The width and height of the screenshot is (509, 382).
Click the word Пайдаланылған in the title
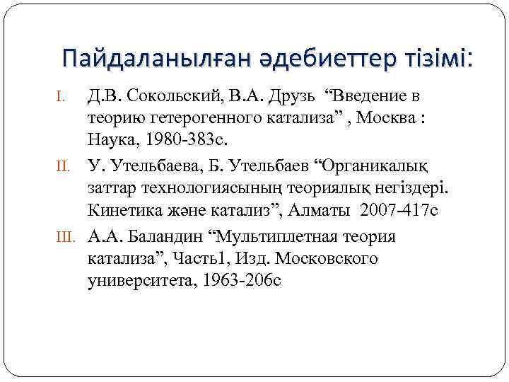coord(151,57)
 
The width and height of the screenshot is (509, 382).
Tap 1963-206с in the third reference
coord(242,282)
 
